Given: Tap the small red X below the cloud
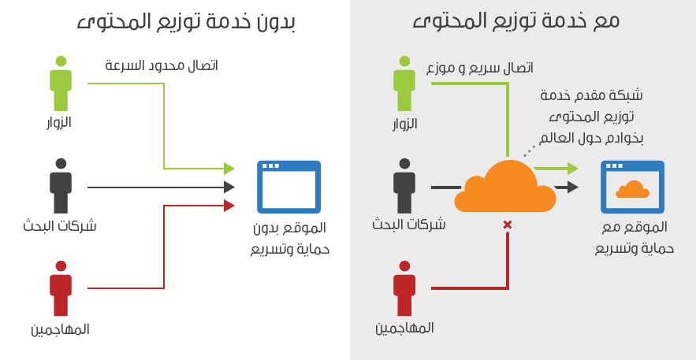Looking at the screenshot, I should click(507, 225).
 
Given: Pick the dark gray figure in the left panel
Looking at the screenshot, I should click(61, 186).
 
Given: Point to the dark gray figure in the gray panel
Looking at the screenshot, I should click(404, 186).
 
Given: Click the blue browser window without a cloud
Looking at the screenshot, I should click(288, 187).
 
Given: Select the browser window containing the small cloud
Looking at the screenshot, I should click(632, 187).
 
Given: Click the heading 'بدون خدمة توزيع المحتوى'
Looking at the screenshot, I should click(185, 21).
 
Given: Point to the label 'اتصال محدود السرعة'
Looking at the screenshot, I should click(162, 65).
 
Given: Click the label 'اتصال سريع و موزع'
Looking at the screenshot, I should click(479, 68).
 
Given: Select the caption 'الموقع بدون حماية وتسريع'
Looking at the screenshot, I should click(290, 239).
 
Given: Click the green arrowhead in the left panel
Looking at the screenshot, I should click(229, 168).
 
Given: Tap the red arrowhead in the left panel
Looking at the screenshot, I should click(229, 206).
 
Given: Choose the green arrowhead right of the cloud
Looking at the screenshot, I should click(572, 168).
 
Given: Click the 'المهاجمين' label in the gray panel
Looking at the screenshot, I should click(404, 327).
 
